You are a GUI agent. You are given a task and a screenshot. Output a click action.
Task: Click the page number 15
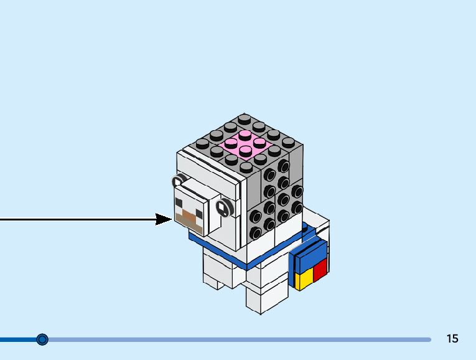tap(452, 339)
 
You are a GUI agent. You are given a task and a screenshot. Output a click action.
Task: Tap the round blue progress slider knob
tap(42, 339)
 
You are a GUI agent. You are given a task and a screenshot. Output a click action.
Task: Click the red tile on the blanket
tap(320, 270)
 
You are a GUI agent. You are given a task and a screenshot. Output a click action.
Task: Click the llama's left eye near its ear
tap(179, 182)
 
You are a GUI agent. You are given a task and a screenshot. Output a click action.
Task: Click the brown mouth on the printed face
tap(189, 218)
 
